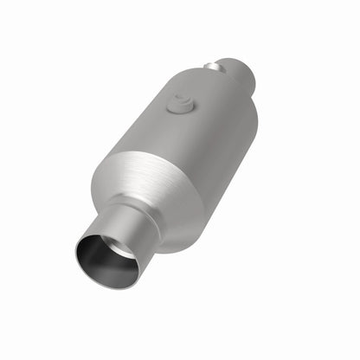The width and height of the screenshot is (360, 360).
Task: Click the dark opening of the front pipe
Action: (x=106, y=257)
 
